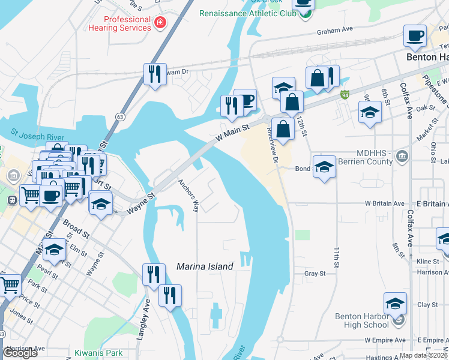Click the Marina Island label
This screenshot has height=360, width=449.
click(x=205, y=266)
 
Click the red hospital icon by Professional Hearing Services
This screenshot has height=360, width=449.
click(x=160, y=23)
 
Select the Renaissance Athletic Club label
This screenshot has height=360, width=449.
click(x=247, y=13)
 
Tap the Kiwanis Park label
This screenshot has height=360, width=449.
click(x=99, y=353)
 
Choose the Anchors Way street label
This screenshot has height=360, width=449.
click(x=188, y=196)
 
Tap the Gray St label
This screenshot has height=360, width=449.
click(x=315, y=273)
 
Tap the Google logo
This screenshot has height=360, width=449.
click(x=20, y=353)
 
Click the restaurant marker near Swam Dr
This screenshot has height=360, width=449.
click(x=155, y=74)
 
